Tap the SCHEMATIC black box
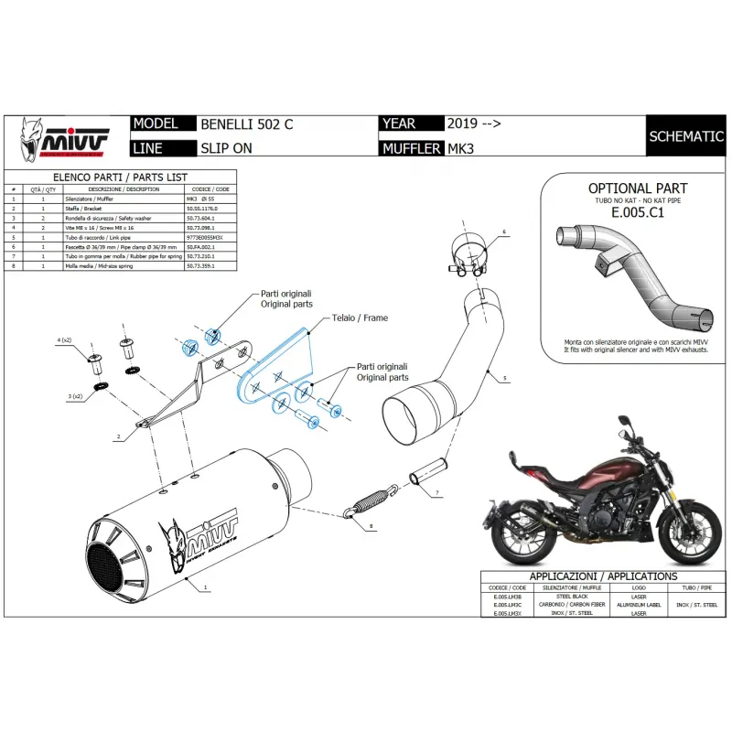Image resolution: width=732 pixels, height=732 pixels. [x=685, y=136]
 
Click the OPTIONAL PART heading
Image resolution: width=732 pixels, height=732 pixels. [x=631, y=188]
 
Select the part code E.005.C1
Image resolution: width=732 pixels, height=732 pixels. [x=631, y=210]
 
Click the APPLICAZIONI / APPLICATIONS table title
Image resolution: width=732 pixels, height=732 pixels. [x=604, y=577]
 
